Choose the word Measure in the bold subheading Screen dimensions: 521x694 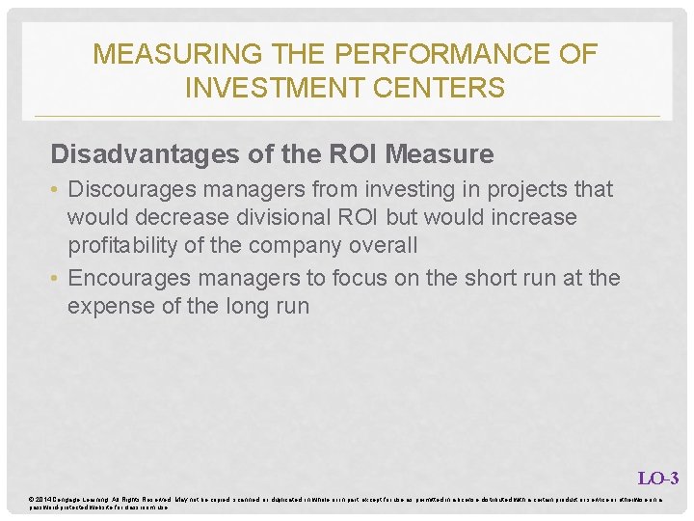coord(440,154)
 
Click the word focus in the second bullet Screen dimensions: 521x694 coord(360,279)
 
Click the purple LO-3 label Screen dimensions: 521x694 coord(658,478)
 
